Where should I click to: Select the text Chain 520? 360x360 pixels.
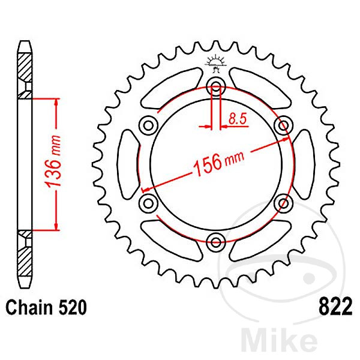pyautogui.click(x=46, y=308)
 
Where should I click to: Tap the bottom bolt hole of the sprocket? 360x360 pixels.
pyautogui.click(x=215, y=242)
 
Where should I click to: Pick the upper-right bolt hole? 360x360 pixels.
pyautogui.click(x=283, y=125)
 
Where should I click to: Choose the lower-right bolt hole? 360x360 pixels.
pyautogui.click(x=283, y=203)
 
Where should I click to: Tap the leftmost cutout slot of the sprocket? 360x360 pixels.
pyautogui.click(x=128, y=164)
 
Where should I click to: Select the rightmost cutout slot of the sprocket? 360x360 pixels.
pyautogui.click(x=302, y=164)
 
